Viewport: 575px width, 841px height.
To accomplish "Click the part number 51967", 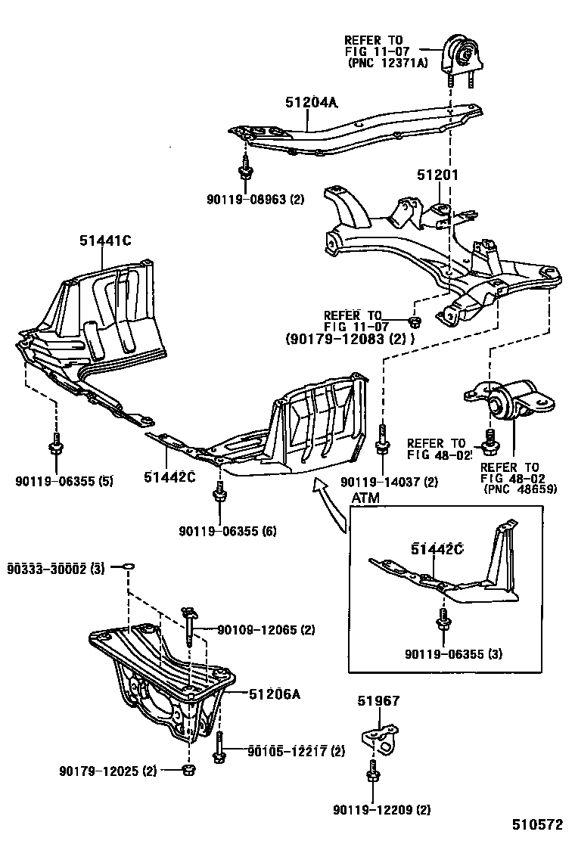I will click(x=378, y=701).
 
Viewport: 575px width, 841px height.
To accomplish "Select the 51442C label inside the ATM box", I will click(x=437, y=549).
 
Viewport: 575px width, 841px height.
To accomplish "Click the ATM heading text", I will click(x=367, y=498).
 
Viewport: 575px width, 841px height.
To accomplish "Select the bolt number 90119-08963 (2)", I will click(x=255, y=200).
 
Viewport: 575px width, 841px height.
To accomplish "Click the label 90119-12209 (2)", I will click(x=381, y=811).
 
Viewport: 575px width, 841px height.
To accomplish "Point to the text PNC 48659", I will click(x=521, y=489).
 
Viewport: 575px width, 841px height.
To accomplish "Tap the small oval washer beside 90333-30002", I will click(x=129, y=566).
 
